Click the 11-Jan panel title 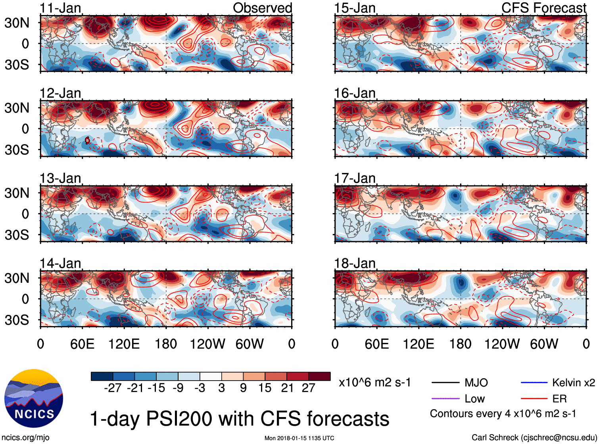(x=60, y=8)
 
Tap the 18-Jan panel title (x=355, y=263)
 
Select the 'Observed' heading (x=262, y=8)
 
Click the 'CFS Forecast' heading (x=543, y=8)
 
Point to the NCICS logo (x=34, y=398)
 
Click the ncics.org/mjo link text (x=25, y=437)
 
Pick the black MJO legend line (x=445, y=383)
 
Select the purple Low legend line (x=445, y=398)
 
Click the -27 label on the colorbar (x=113, y=388)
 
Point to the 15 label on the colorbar (x=265, y=388)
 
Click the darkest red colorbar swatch (x=319, y=376)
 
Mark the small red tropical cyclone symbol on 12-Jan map (x=88, y=140)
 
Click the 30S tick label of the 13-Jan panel (x=17, y=235)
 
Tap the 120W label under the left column (x=207, y=344)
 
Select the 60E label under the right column (x=376, y=344)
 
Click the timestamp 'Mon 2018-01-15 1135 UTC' (x=299, y=438)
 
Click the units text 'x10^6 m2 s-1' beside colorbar (x=375, y=383)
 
